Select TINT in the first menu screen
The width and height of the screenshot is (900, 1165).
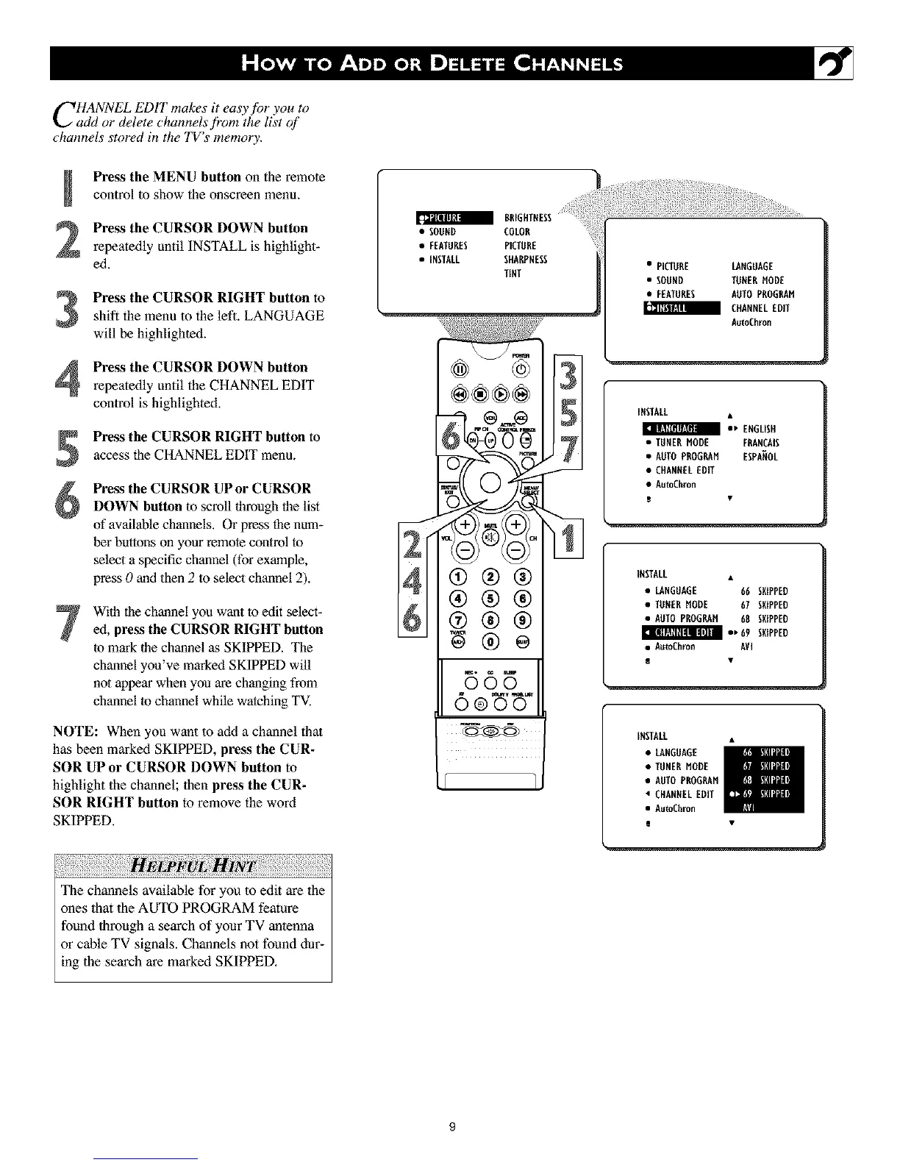[x=512, y=274]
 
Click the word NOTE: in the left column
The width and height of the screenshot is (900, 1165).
[x=76, y=733]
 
